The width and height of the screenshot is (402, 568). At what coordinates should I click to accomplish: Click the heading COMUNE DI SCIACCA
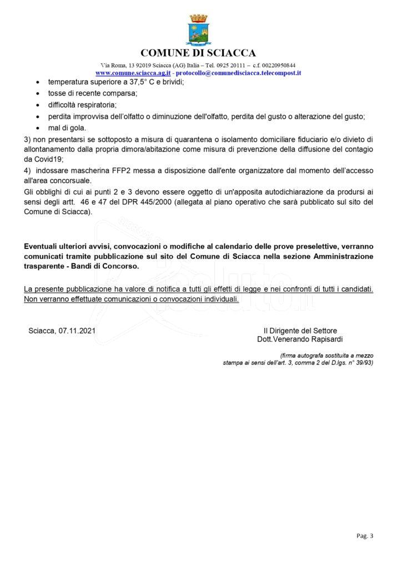pyautogui.click(x=198, y=53)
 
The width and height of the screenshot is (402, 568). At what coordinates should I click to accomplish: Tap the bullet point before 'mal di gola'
pyautogui.click(x=37, y=128)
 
